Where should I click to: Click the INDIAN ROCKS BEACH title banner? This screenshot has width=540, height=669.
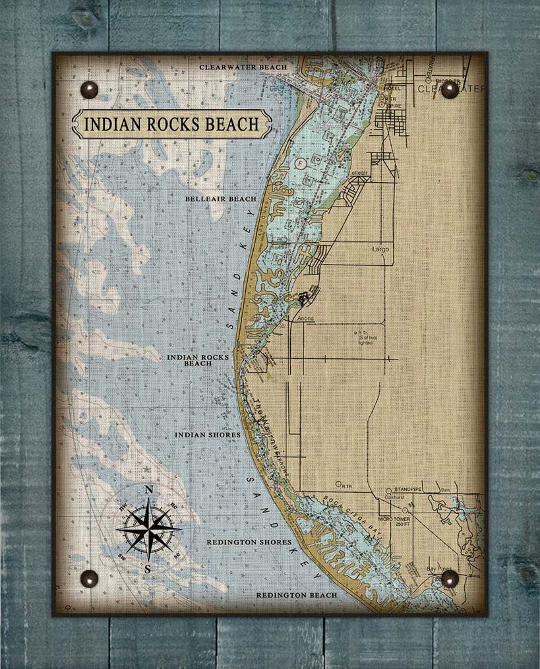(171, 124)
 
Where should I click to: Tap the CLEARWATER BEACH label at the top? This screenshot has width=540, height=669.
(243, 67)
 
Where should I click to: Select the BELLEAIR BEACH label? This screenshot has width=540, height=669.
(220, 199)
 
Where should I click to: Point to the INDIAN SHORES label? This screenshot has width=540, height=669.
(208, 435)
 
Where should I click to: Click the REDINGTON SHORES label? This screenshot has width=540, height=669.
(249, 542)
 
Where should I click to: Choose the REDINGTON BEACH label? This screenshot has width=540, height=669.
(296, 595)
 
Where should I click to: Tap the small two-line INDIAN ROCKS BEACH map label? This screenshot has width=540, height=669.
(198, 360)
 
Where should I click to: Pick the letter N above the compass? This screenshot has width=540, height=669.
(149, 490)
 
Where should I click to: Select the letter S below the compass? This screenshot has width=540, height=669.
(148, 569)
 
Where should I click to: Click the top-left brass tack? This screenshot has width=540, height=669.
(88, 89)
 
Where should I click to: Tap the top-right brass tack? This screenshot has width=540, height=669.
(450, 90)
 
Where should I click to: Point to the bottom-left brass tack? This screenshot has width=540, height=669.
(89, 579)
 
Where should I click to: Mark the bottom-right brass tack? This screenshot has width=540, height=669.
(450, 579)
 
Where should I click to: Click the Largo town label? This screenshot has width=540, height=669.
(380, 250)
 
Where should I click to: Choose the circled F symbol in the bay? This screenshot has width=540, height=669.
(301, 162)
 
